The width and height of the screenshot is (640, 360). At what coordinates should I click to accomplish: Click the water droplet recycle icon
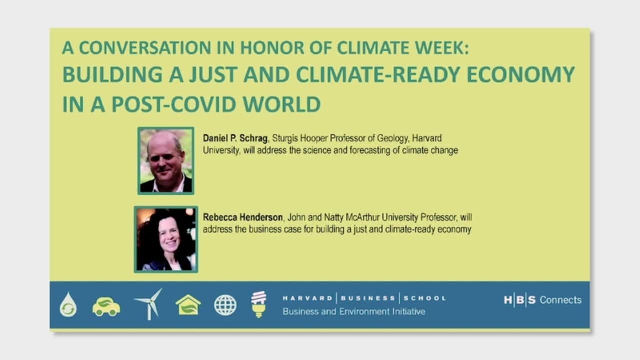tap(68, 305)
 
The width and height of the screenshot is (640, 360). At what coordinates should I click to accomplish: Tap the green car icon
tap(106, 307)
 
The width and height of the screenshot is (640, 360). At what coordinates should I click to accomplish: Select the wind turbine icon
tap(149, 304)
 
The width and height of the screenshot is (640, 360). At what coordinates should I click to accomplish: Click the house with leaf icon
tap(188, 305)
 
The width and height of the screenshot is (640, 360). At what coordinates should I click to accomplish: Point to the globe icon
tap(225, 305)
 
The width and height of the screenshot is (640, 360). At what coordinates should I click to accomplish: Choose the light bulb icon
tap(259, 304)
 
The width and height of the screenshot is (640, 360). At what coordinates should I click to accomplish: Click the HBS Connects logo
tap(543, 300)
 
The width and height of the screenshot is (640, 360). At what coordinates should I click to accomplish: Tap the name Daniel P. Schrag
tap(235, 138)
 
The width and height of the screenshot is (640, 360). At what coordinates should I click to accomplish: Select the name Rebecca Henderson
tap(243, 217)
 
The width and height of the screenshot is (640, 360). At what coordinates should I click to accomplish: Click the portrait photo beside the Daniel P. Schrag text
tap(166, 161)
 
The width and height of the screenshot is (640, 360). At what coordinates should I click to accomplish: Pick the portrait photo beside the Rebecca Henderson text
tap(166, 239)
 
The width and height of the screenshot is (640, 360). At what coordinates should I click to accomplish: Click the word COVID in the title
tap(204, 104)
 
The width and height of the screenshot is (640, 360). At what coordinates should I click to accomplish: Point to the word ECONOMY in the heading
tap(521, 74)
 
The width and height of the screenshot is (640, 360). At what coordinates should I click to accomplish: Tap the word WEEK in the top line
tap(442, 47)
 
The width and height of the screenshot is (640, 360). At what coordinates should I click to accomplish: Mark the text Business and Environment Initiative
tap(354, 311)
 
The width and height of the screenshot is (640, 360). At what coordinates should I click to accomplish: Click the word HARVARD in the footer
tap(307, 298)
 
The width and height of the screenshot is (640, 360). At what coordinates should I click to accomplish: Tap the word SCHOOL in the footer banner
tap(425, 298)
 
